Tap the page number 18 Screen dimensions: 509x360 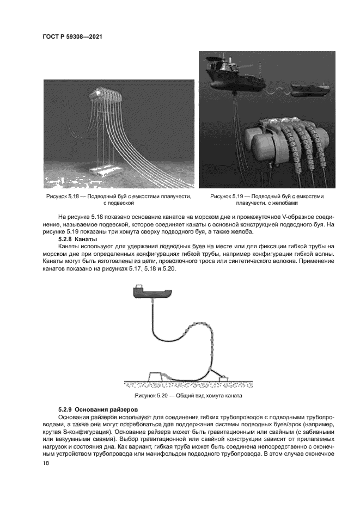(45, 463)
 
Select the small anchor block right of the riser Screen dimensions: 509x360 (223, 376)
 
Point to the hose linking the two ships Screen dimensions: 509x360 (278, 87)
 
